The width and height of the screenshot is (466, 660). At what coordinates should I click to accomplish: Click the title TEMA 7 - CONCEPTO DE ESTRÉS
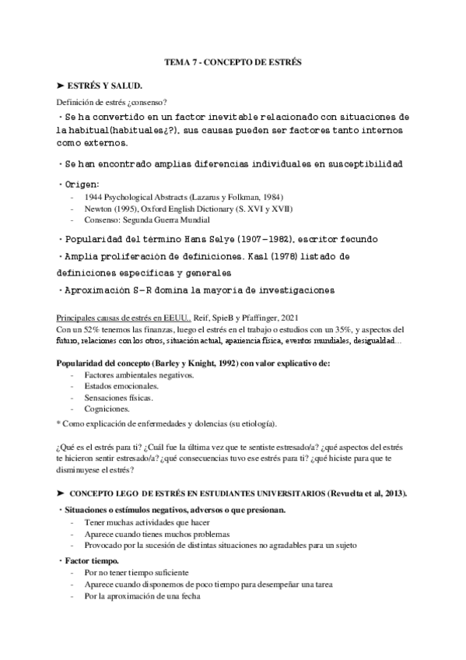(233, 60)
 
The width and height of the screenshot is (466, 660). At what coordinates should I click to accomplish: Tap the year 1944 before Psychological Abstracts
(94, 198)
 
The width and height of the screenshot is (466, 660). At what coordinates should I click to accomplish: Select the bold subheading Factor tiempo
(91, 560)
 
